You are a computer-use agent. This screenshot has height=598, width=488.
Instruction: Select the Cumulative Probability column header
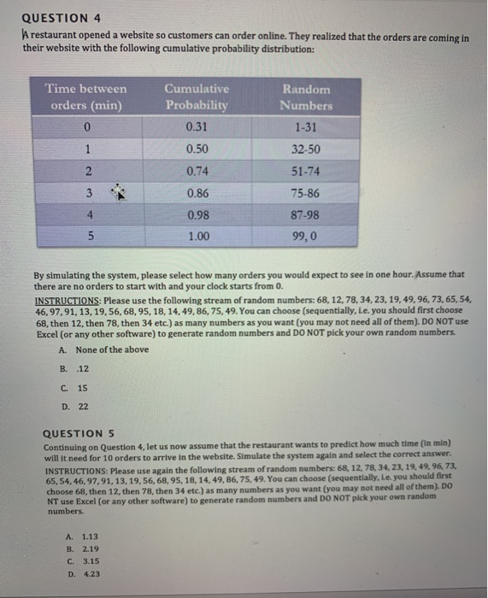click(x=196, y=97)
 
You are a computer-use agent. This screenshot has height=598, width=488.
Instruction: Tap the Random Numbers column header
click(x=306, y=97)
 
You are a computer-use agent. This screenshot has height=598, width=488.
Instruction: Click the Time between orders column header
click(x=85, y=97)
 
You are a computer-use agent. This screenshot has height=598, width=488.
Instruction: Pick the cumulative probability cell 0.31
click(x=196, y=128)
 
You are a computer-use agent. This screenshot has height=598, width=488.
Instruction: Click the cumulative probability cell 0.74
click(x=196, y=170)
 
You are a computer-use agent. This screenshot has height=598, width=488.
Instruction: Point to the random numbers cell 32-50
click(x=306, y=149)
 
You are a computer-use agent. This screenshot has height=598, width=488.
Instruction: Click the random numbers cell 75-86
click(x=306, y=192)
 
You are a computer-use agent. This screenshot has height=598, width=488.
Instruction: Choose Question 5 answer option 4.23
click(x=90, y=574)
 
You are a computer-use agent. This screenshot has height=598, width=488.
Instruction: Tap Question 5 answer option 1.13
click(x=90, y=536)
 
